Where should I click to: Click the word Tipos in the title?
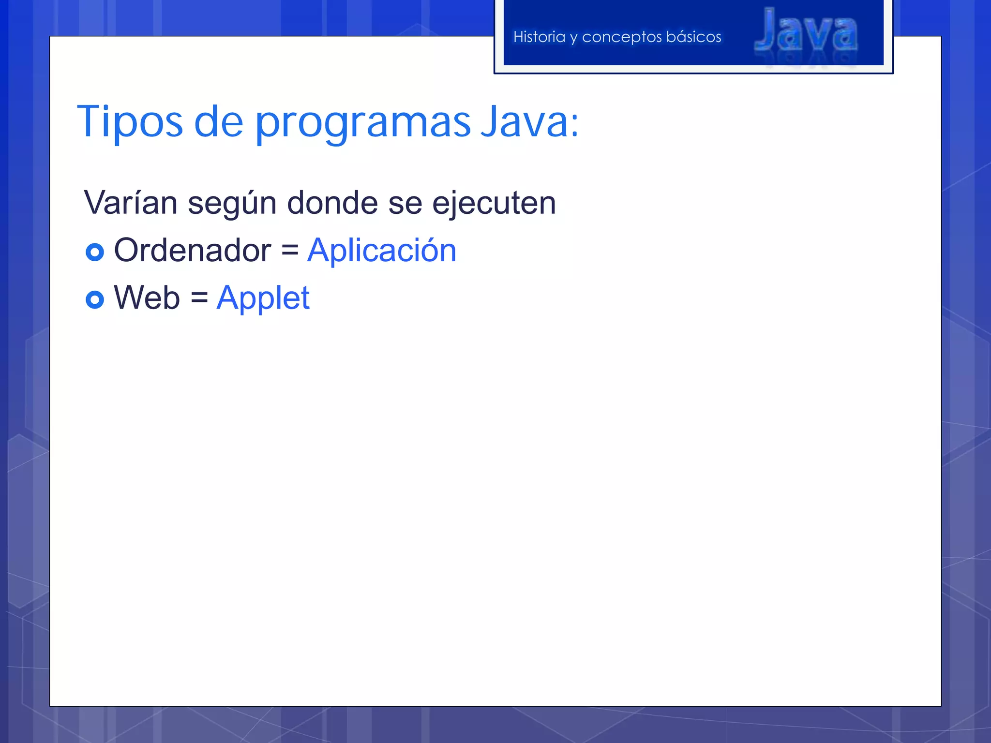click(130, 122)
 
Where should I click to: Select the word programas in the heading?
click(362, 123)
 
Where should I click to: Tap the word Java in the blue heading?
click(525, 122)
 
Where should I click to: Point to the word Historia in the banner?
click(539, 37)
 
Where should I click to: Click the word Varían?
click(131, 203)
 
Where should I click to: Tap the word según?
click(232, 204)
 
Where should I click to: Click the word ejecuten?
click(494, 204)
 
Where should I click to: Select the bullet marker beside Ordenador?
click(95, 252)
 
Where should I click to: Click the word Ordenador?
click(192, 251)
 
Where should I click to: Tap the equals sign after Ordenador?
click(289, 251)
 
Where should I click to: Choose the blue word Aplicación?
click(381, 251)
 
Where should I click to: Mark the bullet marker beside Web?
click(95, 299)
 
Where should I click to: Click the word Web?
click(147, 297)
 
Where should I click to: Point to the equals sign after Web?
click(199, 298)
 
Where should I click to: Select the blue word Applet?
click(263, 298)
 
